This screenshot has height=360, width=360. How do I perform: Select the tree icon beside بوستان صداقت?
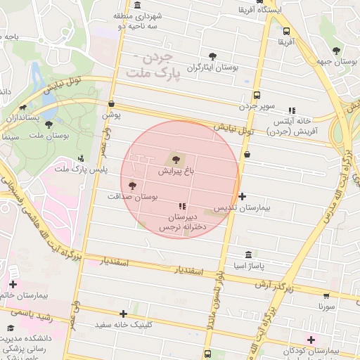[132, 186]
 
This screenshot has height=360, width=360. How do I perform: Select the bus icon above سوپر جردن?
[257, 96]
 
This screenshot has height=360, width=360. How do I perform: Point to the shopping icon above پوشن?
[111, 103]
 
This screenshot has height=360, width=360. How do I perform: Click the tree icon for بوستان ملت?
[49, 124]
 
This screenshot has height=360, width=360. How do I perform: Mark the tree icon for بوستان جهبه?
[337, 51]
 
